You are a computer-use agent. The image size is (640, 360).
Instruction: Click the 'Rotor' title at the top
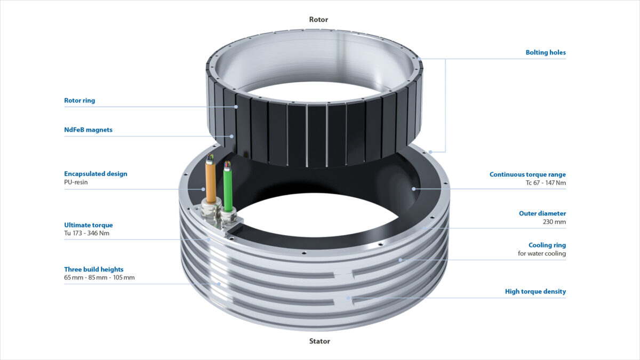[318, 20]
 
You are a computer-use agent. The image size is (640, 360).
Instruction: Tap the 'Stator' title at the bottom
[319, 341]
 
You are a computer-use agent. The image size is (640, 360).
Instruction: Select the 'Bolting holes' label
[546, 53]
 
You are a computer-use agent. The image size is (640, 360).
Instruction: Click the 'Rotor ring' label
[79, 100]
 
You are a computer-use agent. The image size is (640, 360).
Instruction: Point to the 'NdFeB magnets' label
[88, 130]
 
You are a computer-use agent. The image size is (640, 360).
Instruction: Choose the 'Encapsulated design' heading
[95, 174]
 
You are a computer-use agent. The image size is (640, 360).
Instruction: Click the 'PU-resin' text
[76, 182]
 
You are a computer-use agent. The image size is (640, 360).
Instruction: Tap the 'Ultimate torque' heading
[88, 225]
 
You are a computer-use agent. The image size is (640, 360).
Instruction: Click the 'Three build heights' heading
[93, 269]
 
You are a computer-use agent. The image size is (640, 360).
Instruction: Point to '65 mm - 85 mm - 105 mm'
[99, 278]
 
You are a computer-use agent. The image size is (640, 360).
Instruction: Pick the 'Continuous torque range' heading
[527, 174]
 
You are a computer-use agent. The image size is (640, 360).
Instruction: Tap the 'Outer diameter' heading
[542, 213]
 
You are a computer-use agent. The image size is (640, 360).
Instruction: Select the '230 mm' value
[554, 222]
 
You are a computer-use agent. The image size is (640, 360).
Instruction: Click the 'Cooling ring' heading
[547, 245]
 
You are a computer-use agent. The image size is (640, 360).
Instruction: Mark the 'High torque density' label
[535, 292]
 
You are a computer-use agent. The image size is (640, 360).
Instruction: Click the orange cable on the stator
[211, 182]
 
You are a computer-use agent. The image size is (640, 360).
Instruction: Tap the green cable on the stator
[228, 187]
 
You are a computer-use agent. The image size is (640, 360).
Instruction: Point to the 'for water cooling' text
[542, 254]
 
